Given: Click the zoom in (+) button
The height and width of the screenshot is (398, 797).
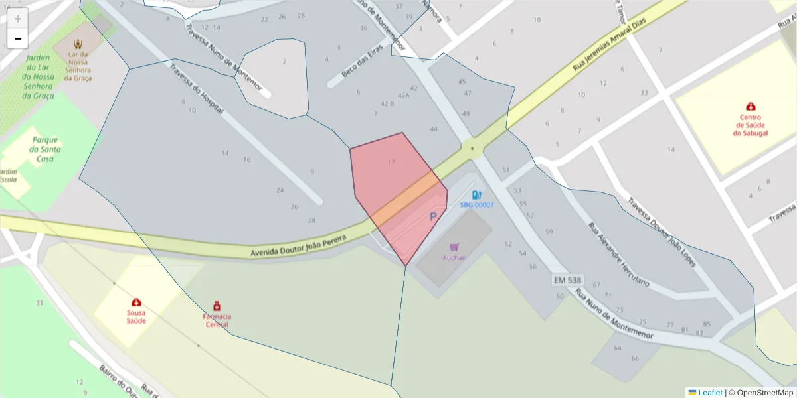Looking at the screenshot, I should pyautogui.click(x=18, y=19).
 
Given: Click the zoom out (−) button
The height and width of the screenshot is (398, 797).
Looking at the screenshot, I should pyautogui.click(x=18, y=38).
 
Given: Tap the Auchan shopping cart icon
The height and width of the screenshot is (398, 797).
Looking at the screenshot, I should pyautogui.click(x=454, y=247).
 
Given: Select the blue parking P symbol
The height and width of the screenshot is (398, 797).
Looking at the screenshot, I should pyautogui.click(x=434, y=216).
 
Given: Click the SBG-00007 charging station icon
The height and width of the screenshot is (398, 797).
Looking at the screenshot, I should pyautogui.click(x=476, y=194).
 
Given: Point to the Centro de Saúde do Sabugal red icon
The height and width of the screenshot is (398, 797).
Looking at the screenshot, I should pyautogui.click(x=751, y=106).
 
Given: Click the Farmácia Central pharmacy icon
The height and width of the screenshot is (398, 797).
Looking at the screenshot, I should pyautogui.click(x=217, y=306).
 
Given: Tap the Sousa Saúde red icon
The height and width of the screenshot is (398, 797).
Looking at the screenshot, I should pyautogui.click(x=136, y=302).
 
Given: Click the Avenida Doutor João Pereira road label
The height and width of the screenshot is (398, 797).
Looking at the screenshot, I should pyautogui.click(x=298, y=241).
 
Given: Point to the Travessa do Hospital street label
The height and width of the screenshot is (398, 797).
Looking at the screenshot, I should pyautogui.click(x=196, y=88).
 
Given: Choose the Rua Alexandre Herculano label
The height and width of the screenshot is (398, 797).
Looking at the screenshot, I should pyautogui.click(x=618, y=253).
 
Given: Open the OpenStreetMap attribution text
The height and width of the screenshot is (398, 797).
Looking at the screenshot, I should pyautogui.click(x=760, y=393).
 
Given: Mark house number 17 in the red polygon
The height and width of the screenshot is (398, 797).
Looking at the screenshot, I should pyautogui.click(x=391, y=162).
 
